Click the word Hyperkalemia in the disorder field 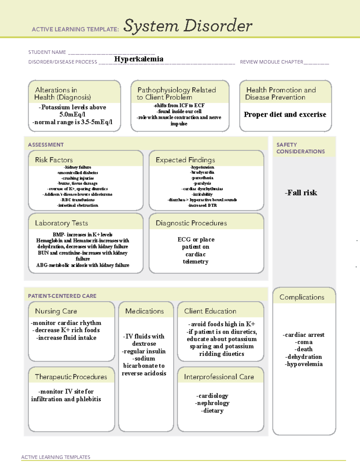tap(139, 59)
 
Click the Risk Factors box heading tap(54, 160)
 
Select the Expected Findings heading tap(185, 160)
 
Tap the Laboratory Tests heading tap(61, 223)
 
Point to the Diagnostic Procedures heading tap(191, 223)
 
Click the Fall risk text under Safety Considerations tap(301, 193)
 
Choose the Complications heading tap(302, 297)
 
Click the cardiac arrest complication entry tap(304, 335)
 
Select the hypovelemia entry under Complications tap(304, 364)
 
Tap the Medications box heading tap(145, 311)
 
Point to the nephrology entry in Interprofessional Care tap(212, 403)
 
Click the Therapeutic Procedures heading tap(71, 377)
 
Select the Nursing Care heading tap(56, 311)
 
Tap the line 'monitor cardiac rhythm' tap(66, 323)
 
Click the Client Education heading tap(210, 311)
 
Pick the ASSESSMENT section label tap(46, 145)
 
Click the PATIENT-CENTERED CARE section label tap(62, 296)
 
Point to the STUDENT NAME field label tap(47, 52)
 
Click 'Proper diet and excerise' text tap(285, 115)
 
